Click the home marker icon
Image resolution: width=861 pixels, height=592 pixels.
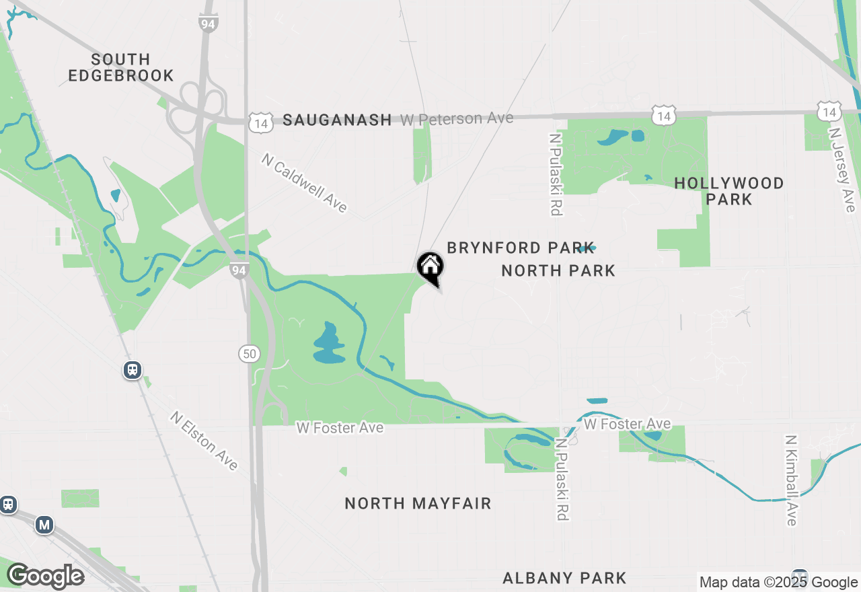point(430,267)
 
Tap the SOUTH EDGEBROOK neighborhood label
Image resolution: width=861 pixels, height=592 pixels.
point(121,67)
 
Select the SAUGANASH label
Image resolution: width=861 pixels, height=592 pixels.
point(337,120)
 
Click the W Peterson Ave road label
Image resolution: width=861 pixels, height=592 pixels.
point(457,119)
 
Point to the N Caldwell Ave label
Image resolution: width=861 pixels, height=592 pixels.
point(305,183)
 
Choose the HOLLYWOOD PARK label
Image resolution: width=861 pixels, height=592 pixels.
point(729,191)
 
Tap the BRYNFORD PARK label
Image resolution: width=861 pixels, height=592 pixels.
point(521,248)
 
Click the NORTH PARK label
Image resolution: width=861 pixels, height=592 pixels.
point(558,270)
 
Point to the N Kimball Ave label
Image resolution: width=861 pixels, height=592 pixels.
point(791,480)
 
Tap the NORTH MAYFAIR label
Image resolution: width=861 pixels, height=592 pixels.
point(418,503)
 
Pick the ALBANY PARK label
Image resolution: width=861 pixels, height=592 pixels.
point(564,578)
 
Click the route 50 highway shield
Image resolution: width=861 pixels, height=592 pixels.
point(250,353)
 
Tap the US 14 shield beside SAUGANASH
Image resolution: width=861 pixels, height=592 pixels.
point(260,122)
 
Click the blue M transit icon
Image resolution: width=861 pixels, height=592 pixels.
point(44,525)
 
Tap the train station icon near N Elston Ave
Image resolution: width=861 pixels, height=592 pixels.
point(133,369)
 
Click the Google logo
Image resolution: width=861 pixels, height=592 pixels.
point(46,576)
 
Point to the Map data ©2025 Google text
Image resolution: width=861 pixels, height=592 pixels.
point(778,583)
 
